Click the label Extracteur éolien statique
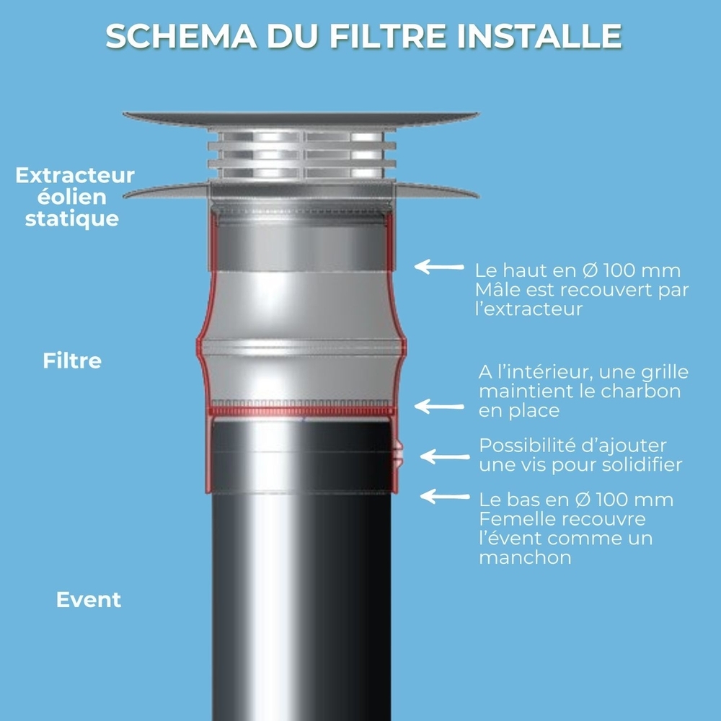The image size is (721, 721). tap(74, 197)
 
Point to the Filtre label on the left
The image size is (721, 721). tap(72, 360)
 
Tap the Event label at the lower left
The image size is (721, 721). tap(89, 600)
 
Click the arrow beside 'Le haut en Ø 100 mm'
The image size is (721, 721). tap(441, 267)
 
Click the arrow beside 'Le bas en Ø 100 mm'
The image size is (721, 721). tap(444, 496)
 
